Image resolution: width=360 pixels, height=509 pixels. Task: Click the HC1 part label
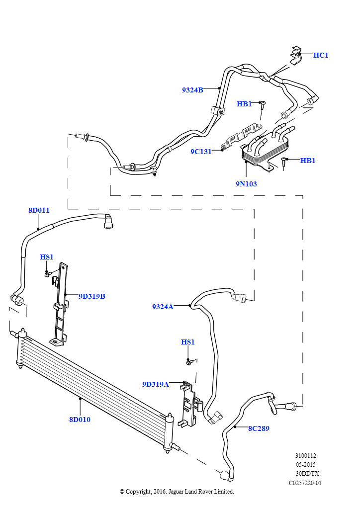(321, 55)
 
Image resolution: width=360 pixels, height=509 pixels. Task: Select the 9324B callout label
(192, 90)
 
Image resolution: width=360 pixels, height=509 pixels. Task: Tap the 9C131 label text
(201, 152)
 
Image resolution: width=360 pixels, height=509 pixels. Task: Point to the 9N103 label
(246, 184)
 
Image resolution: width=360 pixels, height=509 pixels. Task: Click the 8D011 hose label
(39, 210)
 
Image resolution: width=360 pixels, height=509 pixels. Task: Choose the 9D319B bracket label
(92, 296)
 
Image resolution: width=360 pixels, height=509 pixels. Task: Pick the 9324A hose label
(163, 306)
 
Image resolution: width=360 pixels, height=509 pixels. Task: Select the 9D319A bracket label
(156, 384)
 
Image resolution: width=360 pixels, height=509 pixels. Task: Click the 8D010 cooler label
(80, 420)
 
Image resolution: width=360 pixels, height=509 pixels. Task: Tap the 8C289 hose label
(259, 428)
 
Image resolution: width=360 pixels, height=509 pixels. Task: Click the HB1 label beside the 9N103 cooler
(308, 161)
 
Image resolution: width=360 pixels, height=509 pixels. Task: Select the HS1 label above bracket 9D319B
(46, 257)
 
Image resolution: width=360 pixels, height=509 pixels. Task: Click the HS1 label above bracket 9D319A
(187, 342)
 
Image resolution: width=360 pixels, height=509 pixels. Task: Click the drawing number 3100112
(305, 456)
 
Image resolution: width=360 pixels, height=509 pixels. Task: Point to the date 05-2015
(305, 465)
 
